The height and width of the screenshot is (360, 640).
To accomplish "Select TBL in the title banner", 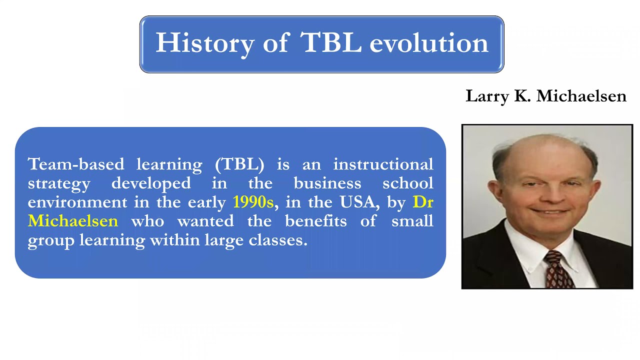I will point(330,42).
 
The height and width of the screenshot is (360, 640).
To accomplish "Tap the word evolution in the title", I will point(429,43).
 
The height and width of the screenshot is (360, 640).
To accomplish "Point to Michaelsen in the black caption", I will point(581,95).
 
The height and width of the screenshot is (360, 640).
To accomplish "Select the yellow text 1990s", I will point(253,202).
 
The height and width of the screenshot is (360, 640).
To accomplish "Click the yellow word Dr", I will point(423,202).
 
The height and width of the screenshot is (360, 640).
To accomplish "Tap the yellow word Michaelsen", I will point(73,221).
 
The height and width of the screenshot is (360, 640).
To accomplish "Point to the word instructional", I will point(383,164).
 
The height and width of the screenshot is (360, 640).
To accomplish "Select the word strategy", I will point(59,184).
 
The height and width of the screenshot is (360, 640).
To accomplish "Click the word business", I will point(327,183).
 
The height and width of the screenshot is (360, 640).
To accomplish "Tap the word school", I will point(407,183).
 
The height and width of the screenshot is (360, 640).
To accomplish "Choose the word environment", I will point(77,202).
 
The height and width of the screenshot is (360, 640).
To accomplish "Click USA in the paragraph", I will point(357,202).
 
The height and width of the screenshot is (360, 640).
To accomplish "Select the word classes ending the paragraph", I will point(277,240).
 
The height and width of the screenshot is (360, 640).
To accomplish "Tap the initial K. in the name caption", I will point(522,96).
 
